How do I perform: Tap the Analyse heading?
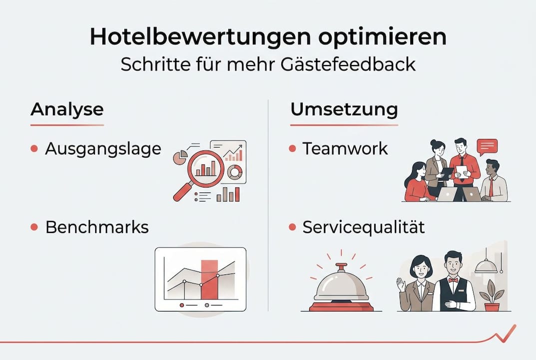tap(67, 109)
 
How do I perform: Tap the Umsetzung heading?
tap(344, 109)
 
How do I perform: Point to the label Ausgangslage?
tap(103, 148)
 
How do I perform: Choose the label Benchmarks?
tap(97, 227)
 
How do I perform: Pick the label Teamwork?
tap(345, 148)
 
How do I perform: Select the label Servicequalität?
tap(364, 227)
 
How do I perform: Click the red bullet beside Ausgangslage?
tap(34, 148)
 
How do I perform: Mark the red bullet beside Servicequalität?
tap(293, 227)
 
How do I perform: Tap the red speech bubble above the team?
tap(487, 146)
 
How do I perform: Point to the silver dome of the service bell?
tap(341, 285)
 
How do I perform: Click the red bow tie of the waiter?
tap(453, 280)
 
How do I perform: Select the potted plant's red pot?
tap(492, 306)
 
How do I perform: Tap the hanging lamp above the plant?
tap(486, 267)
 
